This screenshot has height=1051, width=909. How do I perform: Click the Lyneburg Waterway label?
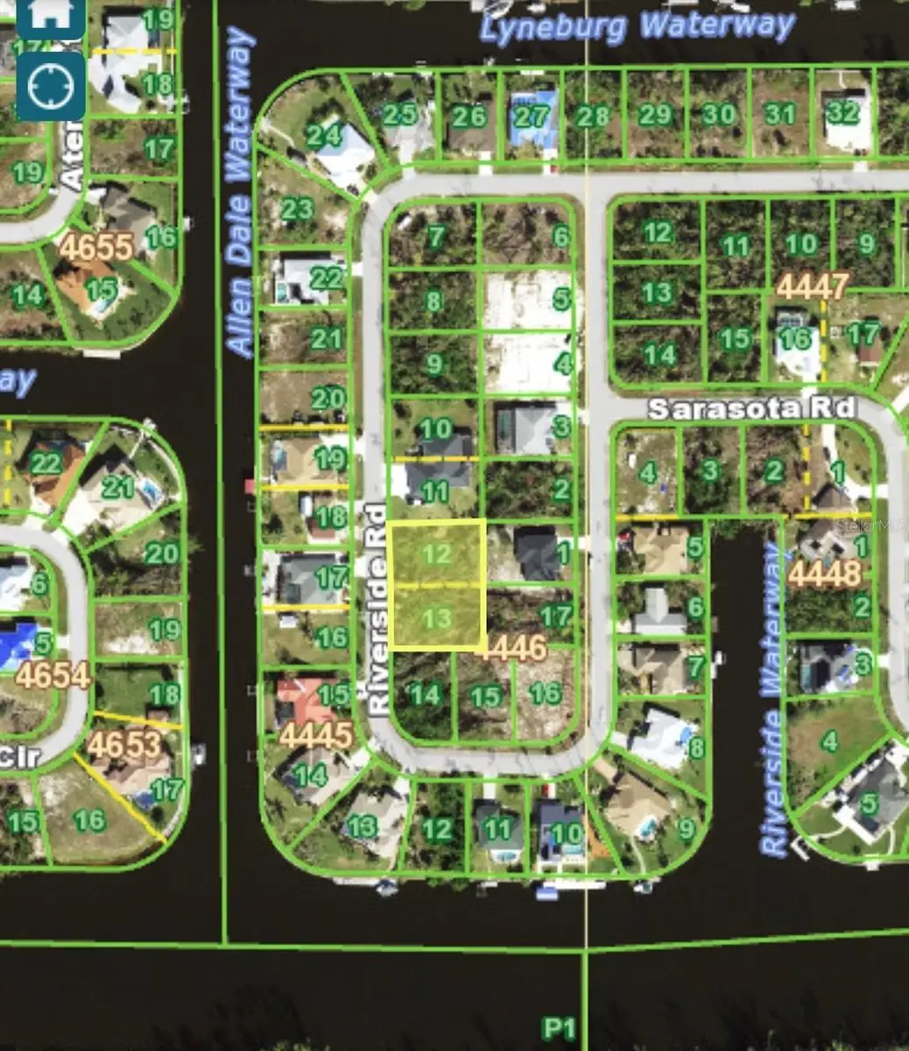click(x=637, y=26)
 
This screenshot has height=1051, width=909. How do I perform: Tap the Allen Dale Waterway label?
click(x=239, y=193)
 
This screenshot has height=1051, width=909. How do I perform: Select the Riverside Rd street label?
click(x=377, y=610)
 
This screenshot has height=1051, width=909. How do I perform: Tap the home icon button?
click(x=51, y=15)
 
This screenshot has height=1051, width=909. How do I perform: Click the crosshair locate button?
click(x=51, y=86)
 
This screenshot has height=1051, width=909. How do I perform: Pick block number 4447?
click(x=812, y=286)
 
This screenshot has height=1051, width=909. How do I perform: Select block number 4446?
click(x=512, y=649)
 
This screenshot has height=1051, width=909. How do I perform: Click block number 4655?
click(x=97, y=247)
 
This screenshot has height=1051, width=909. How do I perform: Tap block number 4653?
click(x=125, y=745)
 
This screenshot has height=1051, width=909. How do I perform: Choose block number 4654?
click(x=53, y=676)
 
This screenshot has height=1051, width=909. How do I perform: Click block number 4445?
click(x=316, y=736)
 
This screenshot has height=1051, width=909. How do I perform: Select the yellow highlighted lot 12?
click(x=436, y=553)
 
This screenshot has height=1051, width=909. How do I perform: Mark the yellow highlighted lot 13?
click(x=436, y=618)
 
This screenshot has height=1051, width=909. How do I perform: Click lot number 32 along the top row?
click(x=843, y=113)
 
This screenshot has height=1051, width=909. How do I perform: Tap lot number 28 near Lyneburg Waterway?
click(x=593, y=116)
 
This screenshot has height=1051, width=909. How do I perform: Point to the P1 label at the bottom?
click(x=558, y=1026)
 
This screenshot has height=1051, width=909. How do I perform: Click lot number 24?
click(x=323, y=135)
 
